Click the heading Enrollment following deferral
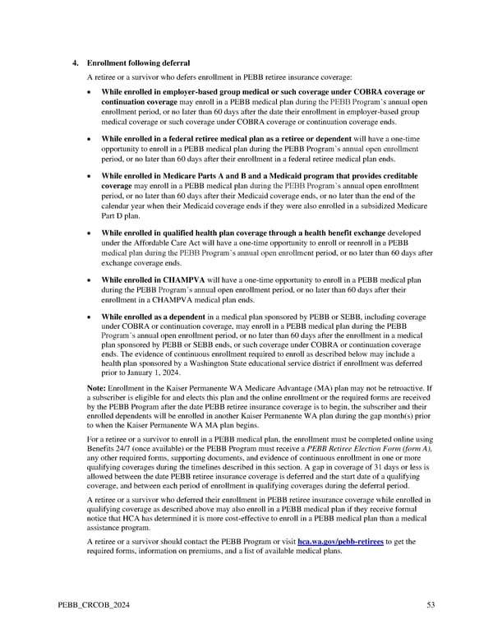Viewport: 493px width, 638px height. point(138,63)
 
